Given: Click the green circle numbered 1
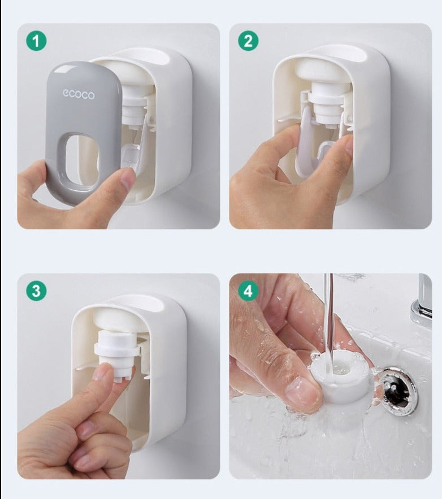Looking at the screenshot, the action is pyautogui.click(x=36, y=41).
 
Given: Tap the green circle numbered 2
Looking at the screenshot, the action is pyautogui.click(x=249, y=41).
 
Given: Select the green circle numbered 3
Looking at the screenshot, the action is pyautogui.click(x=36, y=291).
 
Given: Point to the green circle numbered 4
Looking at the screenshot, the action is pyautogui.click(x=249, y=291).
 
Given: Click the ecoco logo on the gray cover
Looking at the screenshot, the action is pyautogui.click(x=79, y=94).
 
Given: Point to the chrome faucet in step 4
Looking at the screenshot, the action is pyautogui.click(x=422, y=299).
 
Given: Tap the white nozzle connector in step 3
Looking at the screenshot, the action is pyautogui.click(x=117, y=354).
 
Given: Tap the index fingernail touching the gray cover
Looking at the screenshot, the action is pyautogui.click(x=128, y=178).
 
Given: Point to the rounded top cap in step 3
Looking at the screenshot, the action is pyautogui.click(x=119, y=320).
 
